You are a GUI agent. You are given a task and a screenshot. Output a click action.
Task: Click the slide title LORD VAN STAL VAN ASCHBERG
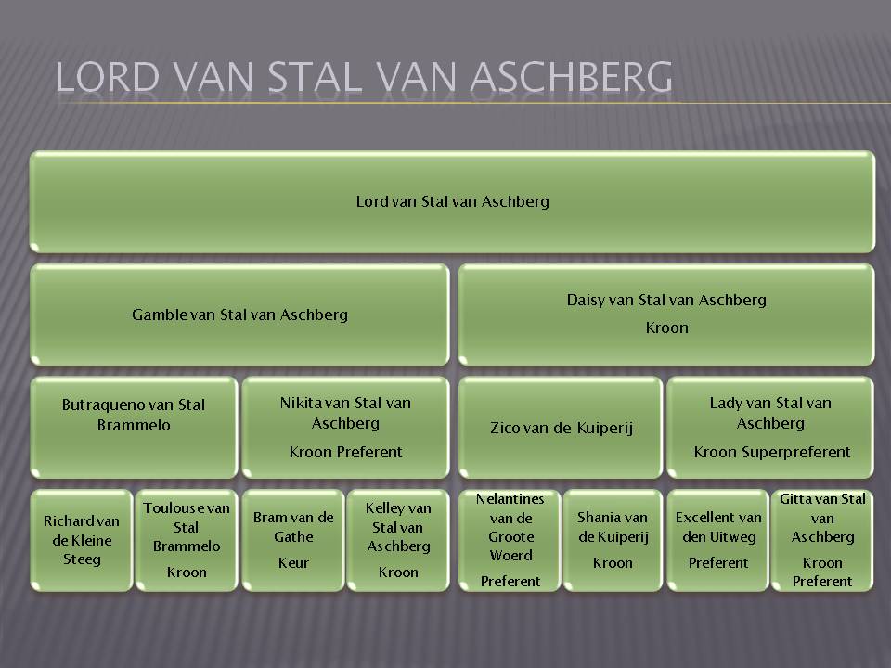(364, 77)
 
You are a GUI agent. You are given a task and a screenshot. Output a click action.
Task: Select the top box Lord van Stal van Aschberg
(452, 201)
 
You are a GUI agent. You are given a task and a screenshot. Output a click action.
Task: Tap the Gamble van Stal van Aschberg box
(239, 315)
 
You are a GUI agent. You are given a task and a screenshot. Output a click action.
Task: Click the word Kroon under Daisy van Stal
(666, 328)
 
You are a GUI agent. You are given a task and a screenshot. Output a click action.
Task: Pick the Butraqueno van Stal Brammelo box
(134, 427)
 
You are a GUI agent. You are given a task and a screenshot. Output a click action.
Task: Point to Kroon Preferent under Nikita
(345, 452)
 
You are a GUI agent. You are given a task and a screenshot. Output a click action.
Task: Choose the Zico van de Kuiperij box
(561, 427)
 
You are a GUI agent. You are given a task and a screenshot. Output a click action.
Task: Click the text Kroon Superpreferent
(771, 452)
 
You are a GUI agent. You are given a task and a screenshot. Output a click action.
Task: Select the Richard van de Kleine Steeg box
(82, 540)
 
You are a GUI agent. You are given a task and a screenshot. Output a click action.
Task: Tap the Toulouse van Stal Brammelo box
(187, 540)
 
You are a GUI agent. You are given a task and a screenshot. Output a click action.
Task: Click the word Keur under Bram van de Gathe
(293, 563)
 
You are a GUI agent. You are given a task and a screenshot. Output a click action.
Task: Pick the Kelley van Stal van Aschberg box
(398, 540)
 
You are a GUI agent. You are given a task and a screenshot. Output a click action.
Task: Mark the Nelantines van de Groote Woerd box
(510, 540)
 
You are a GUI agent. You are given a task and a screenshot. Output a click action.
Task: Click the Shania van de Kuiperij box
(613, 540)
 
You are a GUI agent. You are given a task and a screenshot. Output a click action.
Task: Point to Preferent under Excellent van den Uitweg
(718, 563)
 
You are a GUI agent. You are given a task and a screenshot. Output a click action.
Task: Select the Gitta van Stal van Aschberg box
(822, 540)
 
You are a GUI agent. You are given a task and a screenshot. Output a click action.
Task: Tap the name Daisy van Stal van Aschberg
(666, 300)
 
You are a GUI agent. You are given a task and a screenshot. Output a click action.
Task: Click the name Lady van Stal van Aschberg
(770, 413)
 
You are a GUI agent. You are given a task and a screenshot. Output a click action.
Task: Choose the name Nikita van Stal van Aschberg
(345, 413)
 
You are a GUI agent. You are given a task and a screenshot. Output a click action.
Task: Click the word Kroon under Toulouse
(187, 572)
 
